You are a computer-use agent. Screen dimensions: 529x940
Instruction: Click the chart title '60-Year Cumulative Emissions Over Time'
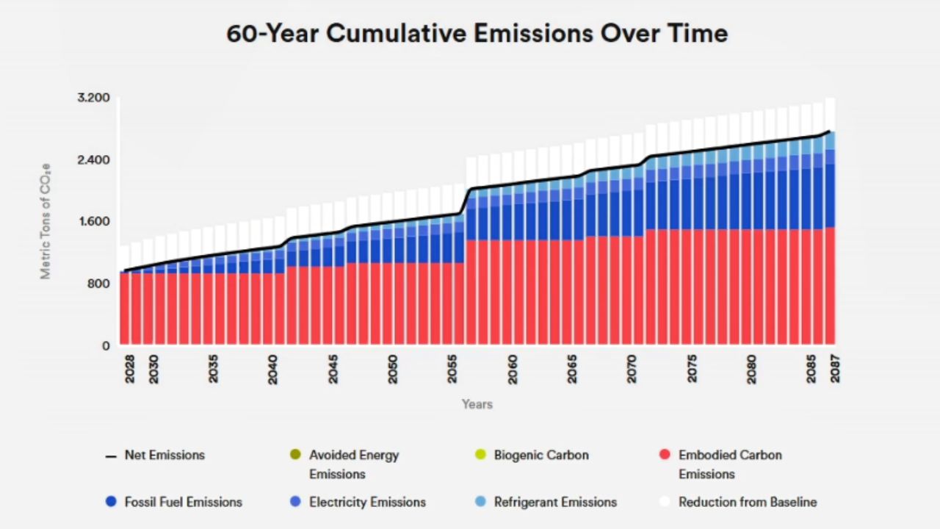pos(477,34)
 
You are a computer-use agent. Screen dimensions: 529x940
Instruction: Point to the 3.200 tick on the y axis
pos(93,98)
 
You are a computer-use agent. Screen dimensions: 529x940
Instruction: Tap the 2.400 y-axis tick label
pos(93,160)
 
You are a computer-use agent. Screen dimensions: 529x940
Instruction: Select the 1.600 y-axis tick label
pos(93,222)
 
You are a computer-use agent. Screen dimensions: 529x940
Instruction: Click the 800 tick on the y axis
pos(98,284)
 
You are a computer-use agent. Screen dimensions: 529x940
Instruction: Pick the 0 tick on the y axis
pos(106,346)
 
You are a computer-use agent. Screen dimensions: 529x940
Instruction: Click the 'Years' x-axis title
pos(477,404)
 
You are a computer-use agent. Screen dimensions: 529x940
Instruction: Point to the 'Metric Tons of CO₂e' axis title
pos(46,220)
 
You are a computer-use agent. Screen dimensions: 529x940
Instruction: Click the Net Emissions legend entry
pos(164,456)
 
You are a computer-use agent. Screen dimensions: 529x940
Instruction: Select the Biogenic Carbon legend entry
pos(540,456)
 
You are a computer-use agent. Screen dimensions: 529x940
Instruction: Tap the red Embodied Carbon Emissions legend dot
pos(665,455)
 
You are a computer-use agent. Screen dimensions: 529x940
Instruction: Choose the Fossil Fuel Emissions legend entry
pos(183,503)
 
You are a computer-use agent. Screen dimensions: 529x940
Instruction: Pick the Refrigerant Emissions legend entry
pos(554,503)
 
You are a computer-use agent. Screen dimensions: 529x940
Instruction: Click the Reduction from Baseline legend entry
pos(747,503)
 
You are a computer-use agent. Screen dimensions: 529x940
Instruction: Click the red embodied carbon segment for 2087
pos(830,287)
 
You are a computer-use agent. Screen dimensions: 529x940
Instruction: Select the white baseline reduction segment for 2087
pos(830,115)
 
